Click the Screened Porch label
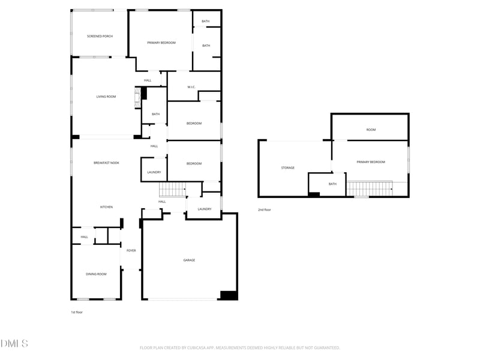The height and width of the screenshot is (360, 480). pos(100,36)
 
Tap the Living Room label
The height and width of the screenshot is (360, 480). pos(106,97)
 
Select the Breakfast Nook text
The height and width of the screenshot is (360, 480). pos(106,163)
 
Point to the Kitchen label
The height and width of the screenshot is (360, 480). pos(106,207)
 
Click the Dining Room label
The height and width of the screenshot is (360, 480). pos(96,274)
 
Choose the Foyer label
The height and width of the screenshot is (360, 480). pos(131,251)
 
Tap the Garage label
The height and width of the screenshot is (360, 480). pos(189,260)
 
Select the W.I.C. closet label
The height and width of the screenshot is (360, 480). pos(191,87)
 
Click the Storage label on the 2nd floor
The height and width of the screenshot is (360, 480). pos(288,167)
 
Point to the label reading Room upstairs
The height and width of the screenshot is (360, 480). pos(371,130)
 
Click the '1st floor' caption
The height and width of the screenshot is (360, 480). pos(77,312)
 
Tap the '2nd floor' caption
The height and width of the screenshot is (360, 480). pos(265,210)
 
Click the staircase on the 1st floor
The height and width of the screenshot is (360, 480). pos(172,190)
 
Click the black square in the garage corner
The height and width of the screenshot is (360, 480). pos(229,295)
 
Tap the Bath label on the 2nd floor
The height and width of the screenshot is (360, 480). pos(332,184)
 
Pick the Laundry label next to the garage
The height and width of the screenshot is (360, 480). pos(204,209)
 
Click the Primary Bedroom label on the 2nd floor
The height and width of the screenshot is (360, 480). pos(371,162)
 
